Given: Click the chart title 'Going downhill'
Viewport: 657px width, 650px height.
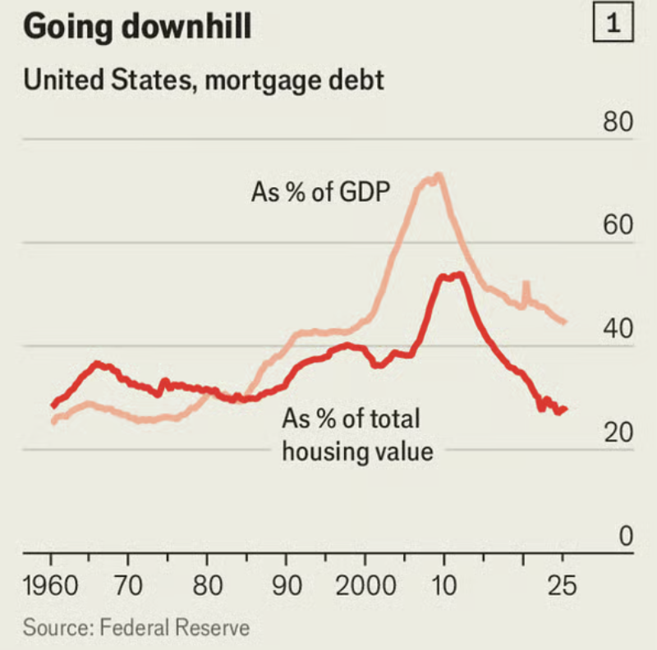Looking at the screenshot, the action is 137,26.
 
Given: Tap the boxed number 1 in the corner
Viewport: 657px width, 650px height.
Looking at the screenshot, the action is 613,22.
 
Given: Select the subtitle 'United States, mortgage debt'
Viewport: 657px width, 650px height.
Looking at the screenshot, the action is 204,80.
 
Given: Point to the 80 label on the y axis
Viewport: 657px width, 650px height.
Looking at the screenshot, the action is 618,121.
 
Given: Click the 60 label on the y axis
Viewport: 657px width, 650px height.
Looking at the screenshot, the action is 618,225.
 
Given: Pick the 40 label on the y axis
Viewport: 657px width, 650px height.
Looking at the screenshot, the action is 618,328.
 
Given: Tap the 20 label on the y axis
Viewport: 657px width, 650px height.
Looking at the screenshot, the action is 618,432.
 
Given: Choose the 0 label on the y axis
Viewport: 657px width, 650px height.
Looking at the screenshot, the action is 626,536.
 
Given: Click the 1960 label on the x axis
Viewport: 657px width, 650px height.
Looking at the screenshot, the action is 51,585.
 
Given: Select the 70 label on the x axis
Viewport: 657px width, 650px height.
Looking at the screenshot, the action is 128,585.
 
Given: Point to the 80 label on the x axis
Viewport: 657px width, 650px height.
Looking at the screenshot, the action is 207,585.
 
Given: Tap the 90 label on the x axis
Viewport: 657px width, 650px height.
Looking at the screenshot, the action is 287,585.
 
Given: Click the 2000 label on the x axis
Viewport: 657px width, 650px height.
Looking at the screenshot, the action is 365,585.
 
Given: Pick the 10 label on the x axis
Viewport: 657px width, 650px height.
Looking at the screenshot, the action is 443,585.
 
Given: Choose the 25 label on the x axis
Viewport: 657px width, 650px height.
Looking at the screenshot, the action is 563,585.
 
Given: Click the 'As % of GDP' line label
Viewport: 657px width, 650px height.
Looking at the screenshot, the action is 320,192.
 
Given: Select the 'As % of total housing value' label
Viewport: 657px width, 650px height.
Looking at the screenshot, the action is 357,435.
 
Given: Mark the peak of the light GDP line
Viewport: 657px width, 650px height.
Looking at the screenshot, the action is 439,176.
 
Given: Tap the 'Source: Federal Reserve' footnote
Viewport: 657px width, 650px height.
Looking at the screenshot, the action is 136,628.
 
